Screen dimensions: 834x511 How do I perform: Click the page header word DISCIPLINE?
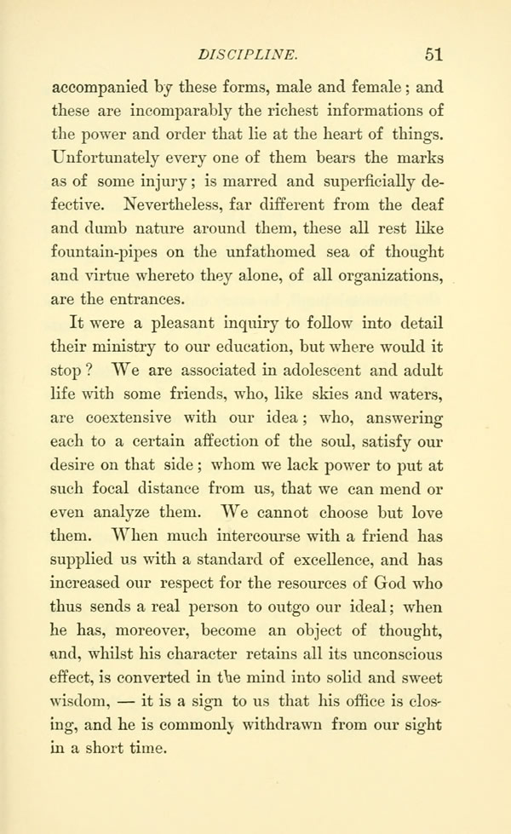click(246, 55)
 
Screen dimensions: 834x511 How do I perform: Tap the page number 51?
click(433, 55)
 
